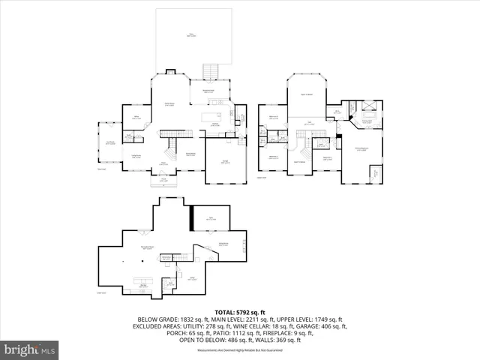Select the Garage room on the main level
226,160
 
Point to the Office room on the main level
136,118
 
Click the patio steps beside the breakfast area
212,71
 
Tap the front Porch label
163,180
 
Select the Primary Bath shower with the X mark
367,106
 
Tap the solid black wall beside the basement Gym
193,219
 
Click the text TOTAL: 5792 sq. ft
240,311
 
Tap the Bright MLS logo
30,349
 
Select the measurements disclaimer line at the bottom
240,350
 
